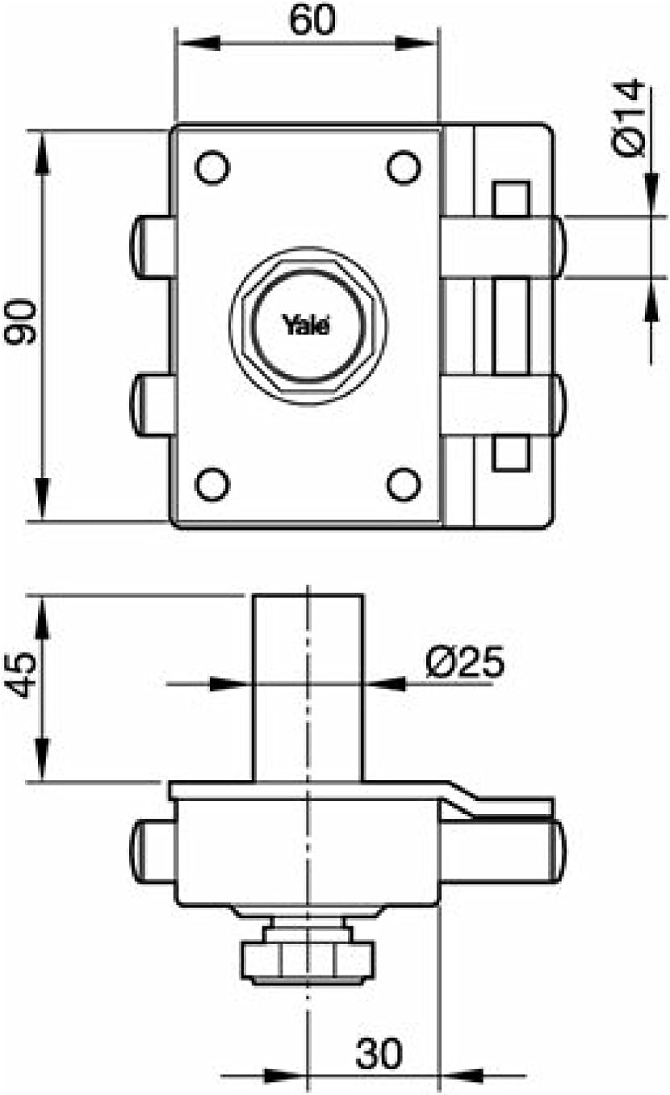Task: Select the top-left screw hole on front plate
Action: pos(212,168)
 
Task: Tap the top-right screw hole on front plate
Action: pos(403,168)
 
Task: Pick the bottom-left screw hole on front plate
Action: pos(212,484)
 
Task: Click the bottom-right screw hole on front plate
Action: pos(403,484)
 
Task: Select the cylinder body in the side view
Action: pos(308,686)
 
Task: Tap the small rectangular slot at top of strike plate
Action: pos(510,199)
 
